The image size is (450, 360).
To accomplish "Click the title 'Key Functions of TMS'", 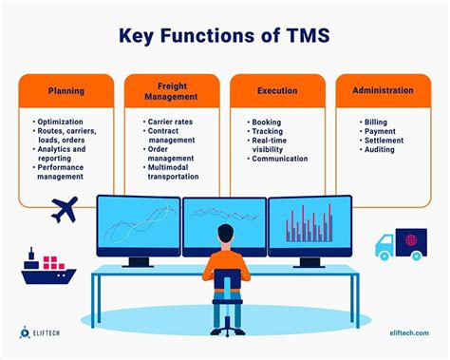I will click(225, 37).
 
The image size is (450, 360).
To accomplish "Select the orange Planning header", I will click(66, 91).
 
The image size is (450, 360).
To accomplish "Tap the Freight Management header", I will click(172, 91).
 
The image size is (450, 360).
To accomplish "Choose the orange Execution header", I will click(277, 91).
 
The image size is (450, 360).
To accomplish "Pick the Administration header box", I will click(383, 91).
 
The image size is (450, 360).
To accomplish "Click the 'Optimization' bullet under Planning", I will click(66, 123).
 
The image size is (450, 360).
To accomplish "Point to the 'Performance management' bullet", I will click(67, 171).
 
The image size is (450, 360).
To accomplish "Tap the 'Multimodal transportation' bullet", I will click(174, 171).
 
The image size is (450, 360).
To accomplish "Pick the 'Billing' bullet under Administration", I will click(377, 123).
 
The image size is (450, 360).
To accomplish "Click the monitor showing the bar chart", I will click(309, 226).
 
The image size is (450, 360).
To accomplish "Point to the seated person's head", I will click(226, 234).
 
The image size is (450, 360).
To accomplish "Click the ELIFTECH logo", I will click(45, 333).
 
